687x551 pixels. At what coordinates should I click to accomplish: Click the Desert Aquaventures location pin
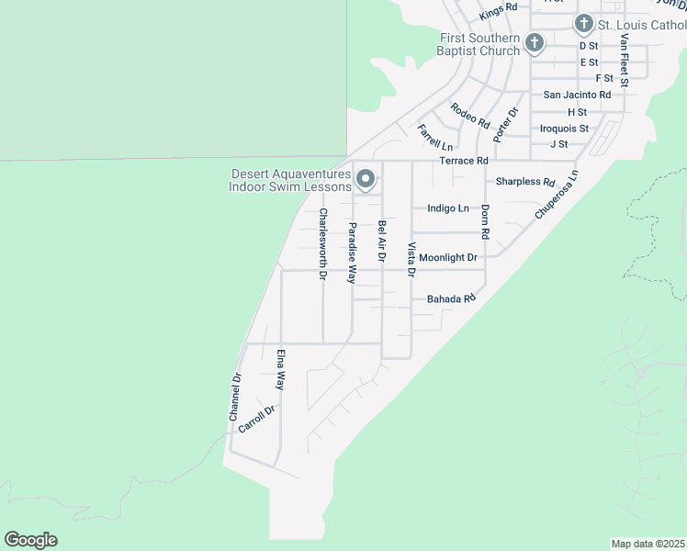pyautogui.click(x=366, y=179)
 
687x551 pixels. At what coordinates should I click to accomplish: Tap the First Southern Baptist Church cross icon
pyautogui.click(x=535, y=42)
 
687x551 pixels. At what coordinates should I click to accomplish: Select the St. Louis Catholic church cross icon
pyautogui.click(x=583, y=24)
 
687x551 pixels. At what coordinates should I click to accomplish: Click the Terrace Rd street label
pyautogui.click(x=463, y=161)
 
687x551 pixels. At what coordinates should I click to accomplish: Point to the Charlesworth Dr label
pyautogui.click(x=322, y=244)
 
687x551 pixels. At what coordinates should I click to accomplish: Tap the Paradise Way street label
pyautogui.click(x=351, y=252)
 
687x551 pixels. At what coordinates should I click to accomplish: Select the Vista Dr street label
pyautogui.click(x=411, y=259)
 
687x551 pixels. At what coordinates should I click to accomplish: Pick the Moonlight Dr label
pyautogui.click(x=447, y=257)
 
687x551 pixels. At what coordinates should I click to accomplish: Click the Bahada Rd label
pyautogui.click(x=451, y=299)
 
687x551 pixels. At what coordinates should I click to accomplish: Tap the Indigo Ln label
pyautogui.click(x=448, y=208)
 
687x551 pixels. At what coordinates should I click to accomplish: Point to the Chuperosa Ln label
pyautogui.click(x=557, y=195)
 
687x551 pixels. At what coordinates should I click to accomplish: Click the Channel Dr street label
pyautogui.click(x=235, y=398)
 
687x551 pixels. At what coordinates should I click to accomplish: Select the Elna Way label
pyautogui.click(x=281, y=368)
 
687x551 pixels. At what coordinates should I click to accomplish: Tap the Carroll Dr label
pyautogui.click(x=256, y=419)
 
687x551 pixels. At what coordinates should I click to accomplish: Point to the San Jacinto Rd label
pyautogui.click(x=577, y=95)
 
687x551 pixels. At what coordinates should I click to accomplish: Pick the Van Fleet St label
pyautogui.click(x=624, y=61)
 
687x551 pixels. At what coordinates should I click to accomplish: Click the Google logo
pyautogui.click(x=30, y=540)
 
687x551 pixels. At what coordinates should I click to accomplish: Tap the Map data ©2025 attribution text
pyautogui.click(x=648, y=544)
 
